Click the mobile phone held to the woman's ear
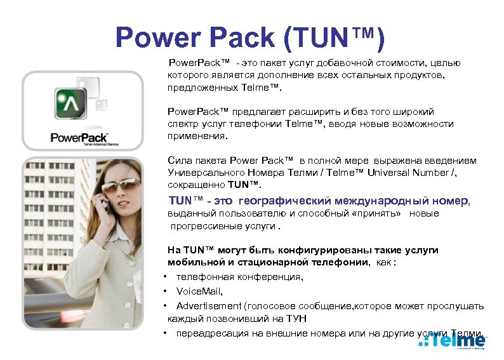[105, 204]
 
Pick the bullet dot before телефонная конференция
[164, 277]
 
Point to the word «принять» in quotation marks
[380, 214]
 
